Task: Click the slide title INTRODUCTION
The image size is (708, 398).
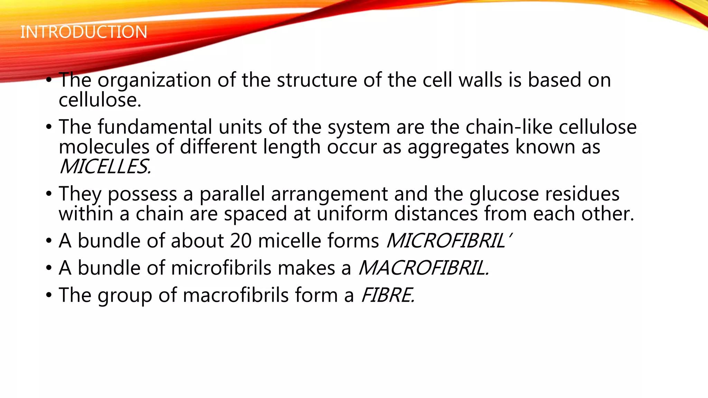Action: [x=84, y=32]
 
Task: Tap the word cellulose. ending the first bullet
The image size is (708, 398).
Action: [x=100, y=101]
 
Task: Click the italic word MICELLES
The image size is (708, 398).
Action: [x=105, y=167]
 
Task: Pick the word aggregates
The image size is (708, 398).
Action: [x=458, y=148]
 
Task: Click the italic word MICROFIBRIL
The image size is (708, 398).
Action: [x=446, y=241]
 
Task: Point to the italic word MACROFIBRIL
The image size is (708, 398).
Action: [x=423, y=268]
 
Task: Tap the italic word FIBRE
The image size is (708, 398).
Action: [x=387, y=295]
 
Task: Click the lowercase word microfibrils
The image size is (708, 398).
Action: [x=221, y=268]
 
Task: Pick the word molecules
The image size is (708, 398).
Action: [x=104, y=147]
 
